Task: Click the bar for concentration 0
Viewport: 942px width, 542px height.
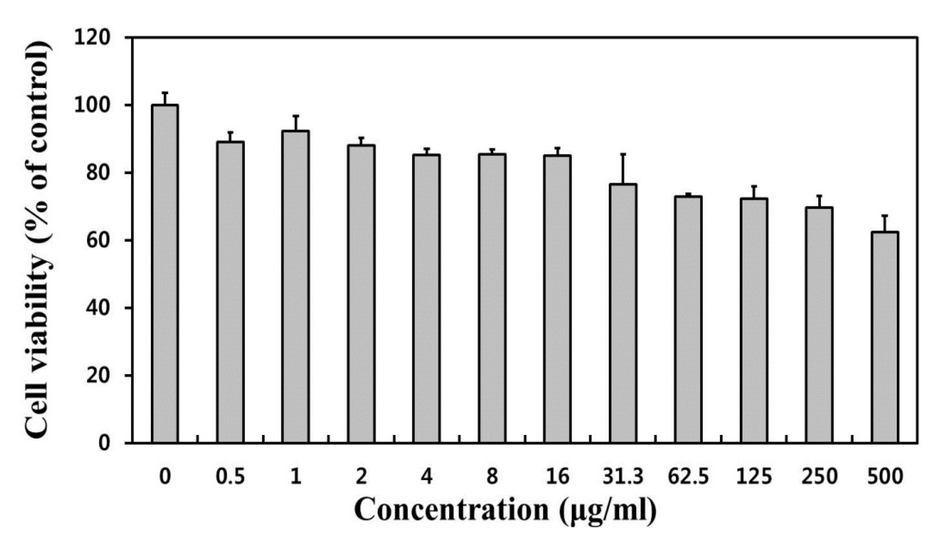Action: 165,273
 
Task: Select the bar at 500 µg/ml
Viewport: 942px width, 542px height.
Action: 885,336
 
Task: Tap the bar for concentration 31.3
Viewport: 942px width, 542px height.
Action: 623,313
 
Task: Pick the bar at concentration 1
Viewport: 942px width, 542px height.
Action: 296,286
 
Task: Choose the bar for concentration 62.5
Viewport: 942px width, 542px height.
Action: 688,319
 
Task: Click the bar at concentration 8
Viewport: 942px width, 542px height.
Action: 492,298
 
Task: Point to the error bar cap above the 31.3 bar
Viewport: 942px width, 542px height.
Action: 623,155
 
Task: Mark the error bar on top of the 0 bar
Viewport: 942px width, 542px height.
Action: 165,98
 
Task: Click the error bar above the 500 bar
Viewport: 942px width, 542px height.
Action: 885,223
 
